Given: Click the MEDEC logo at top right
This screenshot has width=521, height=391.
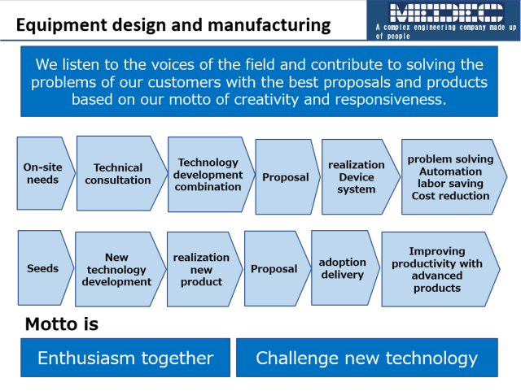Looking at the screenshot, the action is [x=447, y=13].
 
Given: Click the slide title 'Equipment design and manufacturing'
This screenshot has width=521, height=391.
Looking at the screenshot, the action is [x=173, y=25].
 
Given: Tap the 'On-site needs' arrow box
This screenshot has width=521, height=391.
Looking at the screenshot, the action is [x=46, y=173].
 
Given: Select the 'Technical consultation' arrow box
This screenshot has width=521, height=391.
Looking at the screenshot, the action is [x=122, y=173].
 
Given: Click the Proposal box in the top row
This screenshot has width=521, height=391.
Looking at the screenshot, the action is [x=287, y=177].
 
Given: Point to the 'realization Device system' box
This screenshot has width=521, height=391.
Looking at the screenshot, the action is [x=361, y=177].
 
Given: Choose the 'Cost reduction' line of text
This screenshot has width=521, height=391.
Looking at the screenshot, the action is [x=450, y=196].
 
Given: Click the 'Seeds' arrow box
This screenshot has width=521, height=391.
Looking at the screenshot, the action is [x=46, y=268].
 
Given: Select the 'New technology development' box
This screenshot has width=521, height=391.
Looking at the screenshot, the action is [x=120, y=269].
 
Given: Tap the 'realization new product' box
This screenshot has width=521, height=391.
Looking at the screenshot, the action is [x=204, y=269].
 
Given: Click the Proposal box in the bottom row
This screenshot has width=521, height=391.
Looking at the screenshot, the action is [x=278, y=268].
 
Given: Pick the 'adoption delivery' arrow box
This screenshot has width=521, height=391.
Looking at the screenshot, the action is [x=345, y=268].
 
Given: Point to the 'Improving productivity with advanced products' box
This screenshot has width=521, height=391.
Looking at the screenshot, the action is [x=440, y=269].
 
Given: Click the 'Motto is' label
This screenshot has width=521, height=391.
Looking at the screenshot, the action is [x=62, y=324].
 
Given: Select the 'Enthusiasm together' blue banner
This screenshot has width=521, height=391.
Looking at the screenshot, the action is [x=125, y=358].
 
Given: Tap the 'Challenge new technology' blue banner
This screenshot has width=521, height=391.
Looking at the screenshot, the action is [x=367, y=358].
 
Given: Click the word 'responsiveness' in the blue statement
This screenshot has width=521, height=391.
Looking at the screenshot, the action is [x=390, y=99].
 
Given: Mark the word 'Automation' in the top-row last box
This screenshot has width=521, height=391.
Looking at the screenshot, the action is [x=450, y=172].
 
